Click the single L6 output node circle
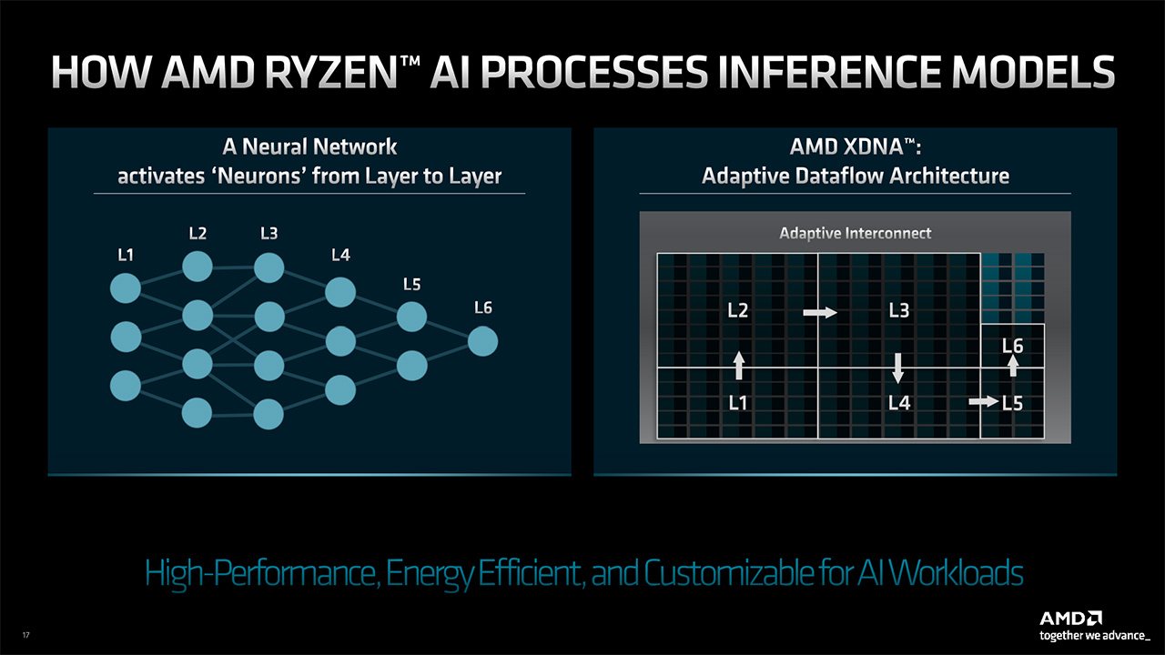click(482, 342)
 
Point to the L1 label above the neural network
click(127, 256)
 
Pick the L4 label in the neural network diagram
click(340, 256)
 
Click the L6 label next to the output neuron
click(482, 307)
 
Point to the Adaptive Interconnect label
click(855, 234)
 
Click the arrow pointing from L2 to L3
click(820, 312)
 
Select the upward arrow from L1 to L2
click(739, 365)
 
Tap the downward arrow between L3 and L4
click(898, 368)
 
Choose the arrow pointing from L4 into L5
click(983, 401)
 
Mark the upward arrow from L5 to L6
click(1013, 365)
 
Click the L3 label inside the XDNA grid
click(898, 311)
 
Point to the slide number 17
click(25, 634)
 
